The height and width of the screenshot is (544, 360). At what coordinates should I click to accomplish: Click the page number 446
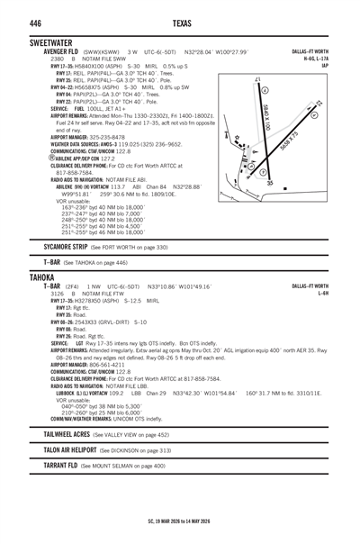(38, 23)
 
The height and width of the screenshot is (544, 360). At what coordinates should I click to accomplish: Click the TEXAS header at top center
(179, 23)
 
